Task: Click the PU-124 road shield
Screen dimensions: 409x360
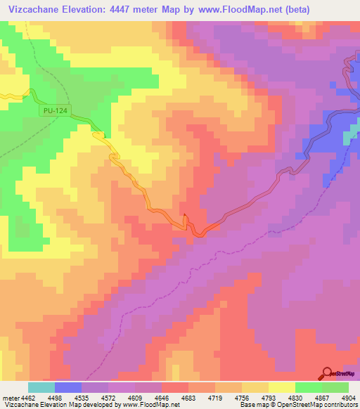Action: (x=55, y=110)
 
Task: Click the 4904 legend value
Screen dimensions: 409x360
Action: (x=348, y=397)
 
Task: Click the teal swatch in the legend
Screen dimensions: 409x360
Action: (x=41, y=387)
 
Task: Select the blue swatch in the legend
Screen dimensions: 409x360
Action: (x=67, y=387)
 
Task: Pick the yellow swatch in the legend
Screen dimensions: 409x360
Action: (x=281, y=387)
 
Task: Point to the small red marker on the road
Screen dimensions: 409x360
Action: (x=184, y=216)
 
